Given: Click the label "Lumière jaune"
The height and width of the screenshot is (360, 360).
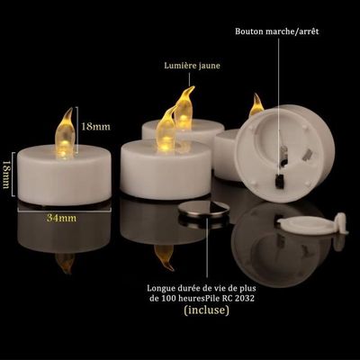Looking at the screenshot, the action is [192, 66].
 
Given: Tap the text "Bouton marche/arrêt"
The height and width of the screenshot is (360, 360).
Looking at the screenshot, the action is [277, 31].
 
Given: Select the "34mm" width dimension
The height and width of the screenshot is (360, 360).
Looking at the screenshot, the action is [61, 218].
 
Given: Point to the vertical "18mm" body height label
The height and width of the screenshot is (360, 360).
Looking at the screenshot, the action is [6, 174].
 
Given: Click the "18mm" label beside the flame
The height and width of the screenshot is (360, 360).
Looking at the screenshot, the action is [95, 126].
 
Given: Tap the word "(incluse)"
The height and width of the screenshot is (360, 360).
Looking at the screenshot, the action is [206, 310].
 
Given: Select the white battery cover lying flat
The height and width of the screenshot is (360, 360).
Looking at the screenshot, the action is [312, 224].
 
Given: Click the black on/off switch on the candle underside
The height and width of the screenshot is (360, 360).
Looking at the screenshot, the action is [280, 181].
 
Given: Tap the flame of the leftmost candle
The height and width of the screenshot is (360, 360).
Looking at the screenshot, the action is [65, 133].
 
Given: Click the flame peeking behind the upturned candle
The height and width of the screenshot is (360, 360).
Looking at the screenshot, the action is [256, 105].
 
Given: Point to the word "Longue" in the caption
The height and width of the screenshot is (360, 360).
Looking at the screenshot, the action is [158, 289].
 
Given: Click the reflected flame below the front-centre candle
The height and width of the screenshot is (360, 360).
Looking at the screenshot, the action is [164, 257].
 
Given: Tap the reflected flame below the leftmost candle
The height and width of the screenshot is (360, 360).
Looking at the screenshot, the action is [65, 264].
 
